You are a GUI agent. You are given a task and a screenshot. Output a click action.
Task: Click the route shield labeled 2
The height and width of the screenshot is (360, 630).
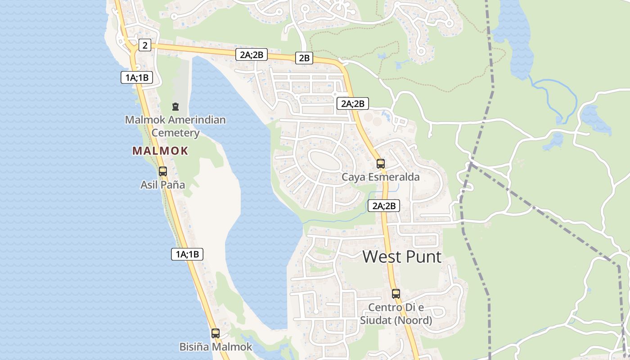pyautogui.click(x=144, y=45)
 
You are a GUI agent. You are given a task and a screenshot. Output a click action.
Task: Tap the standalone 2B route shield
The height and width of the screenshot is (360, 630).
pyautogui.click(x=304, y=58)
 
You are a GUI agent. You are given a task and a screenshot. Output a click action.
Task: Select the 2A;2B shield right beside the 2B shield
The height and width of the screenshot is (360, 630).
pyautogui.click(x=252, y=55)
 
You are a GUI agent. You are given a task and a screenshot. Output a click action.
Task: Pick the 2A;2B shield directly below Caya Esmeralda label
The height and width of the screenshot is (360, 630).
pyautogui.click(x=383, y=206)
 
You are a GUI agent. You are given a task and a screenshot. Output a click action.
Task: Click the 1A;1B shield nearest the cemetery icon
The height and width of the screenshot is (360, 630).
pyautogui.click(x=137, y=77)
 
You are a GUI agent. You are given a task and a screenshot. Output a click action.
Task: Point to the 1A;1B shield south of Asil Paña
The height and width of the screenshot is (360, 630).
pyautogui.click(x=187, y=254)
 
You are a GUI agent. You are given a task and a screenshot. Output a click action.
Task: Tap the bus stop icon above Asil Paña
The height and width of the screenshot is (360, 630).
pyautogui.click(x=163, y=171)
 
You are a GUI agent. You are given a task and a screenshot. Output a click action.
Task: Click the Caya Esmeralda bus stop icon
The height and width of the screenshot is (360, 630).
pyautogui.click(x=381, y=164)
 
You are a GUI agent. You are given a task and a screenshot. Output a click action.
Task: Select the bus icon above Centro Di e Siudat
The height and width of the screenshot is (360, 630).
pyautogui.click(x=396, y=294)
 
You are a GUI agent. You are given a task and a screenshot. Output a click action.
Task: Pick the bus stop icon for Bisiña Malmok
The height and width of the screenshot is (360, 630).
pyautogui.click(x=216, y=333)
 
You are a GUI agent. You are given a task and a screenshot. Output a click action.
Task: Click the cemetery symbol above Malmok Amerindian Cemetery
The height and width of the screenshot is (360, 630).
pyautogui.click(x=175, y=107)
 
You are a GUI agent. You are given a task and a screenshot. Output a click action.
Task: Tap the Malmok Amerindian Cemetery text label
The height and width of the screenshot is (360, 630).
pyautogui.click(x=175, y=126)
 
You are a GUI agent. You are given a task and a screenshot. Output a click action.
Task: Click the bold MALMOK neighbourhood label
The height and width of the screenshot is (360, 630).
pyautogui.click(x=160, y=151)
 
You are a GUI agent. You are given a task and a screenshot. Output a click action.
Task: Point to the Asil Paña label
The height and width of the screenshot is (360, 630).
pyautogui.click(x=163, y=185)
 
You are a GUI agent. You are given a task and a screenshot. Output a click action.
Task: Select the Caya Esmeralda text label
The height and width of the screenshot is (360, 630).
pyautogui.click(x=381, y=177)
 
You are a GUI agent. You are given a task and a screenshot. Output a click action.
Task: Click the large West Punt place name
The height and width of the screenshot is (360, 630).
pyautogui.click(x=402, y=257)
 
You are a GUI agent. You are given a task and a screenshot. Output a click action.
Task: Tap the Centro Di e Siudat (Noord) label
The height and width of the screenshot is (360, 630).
pyautogui.click(x=396, y=314)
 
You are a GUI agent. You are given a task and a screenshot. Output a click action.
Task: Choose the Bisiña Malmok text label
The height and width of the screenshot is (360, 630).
pyautogui.click(x=216, y=347)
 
